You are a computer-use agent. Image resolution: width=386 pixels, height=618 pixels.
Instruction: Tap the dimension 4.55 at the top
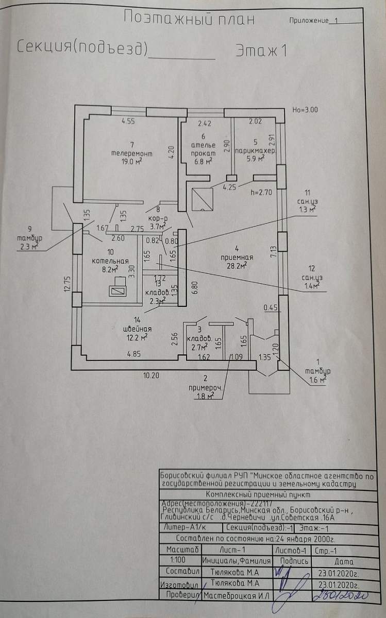128,122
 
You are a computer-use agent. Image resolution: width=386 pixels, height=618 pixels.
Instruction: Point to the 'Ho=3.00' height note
305,110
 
